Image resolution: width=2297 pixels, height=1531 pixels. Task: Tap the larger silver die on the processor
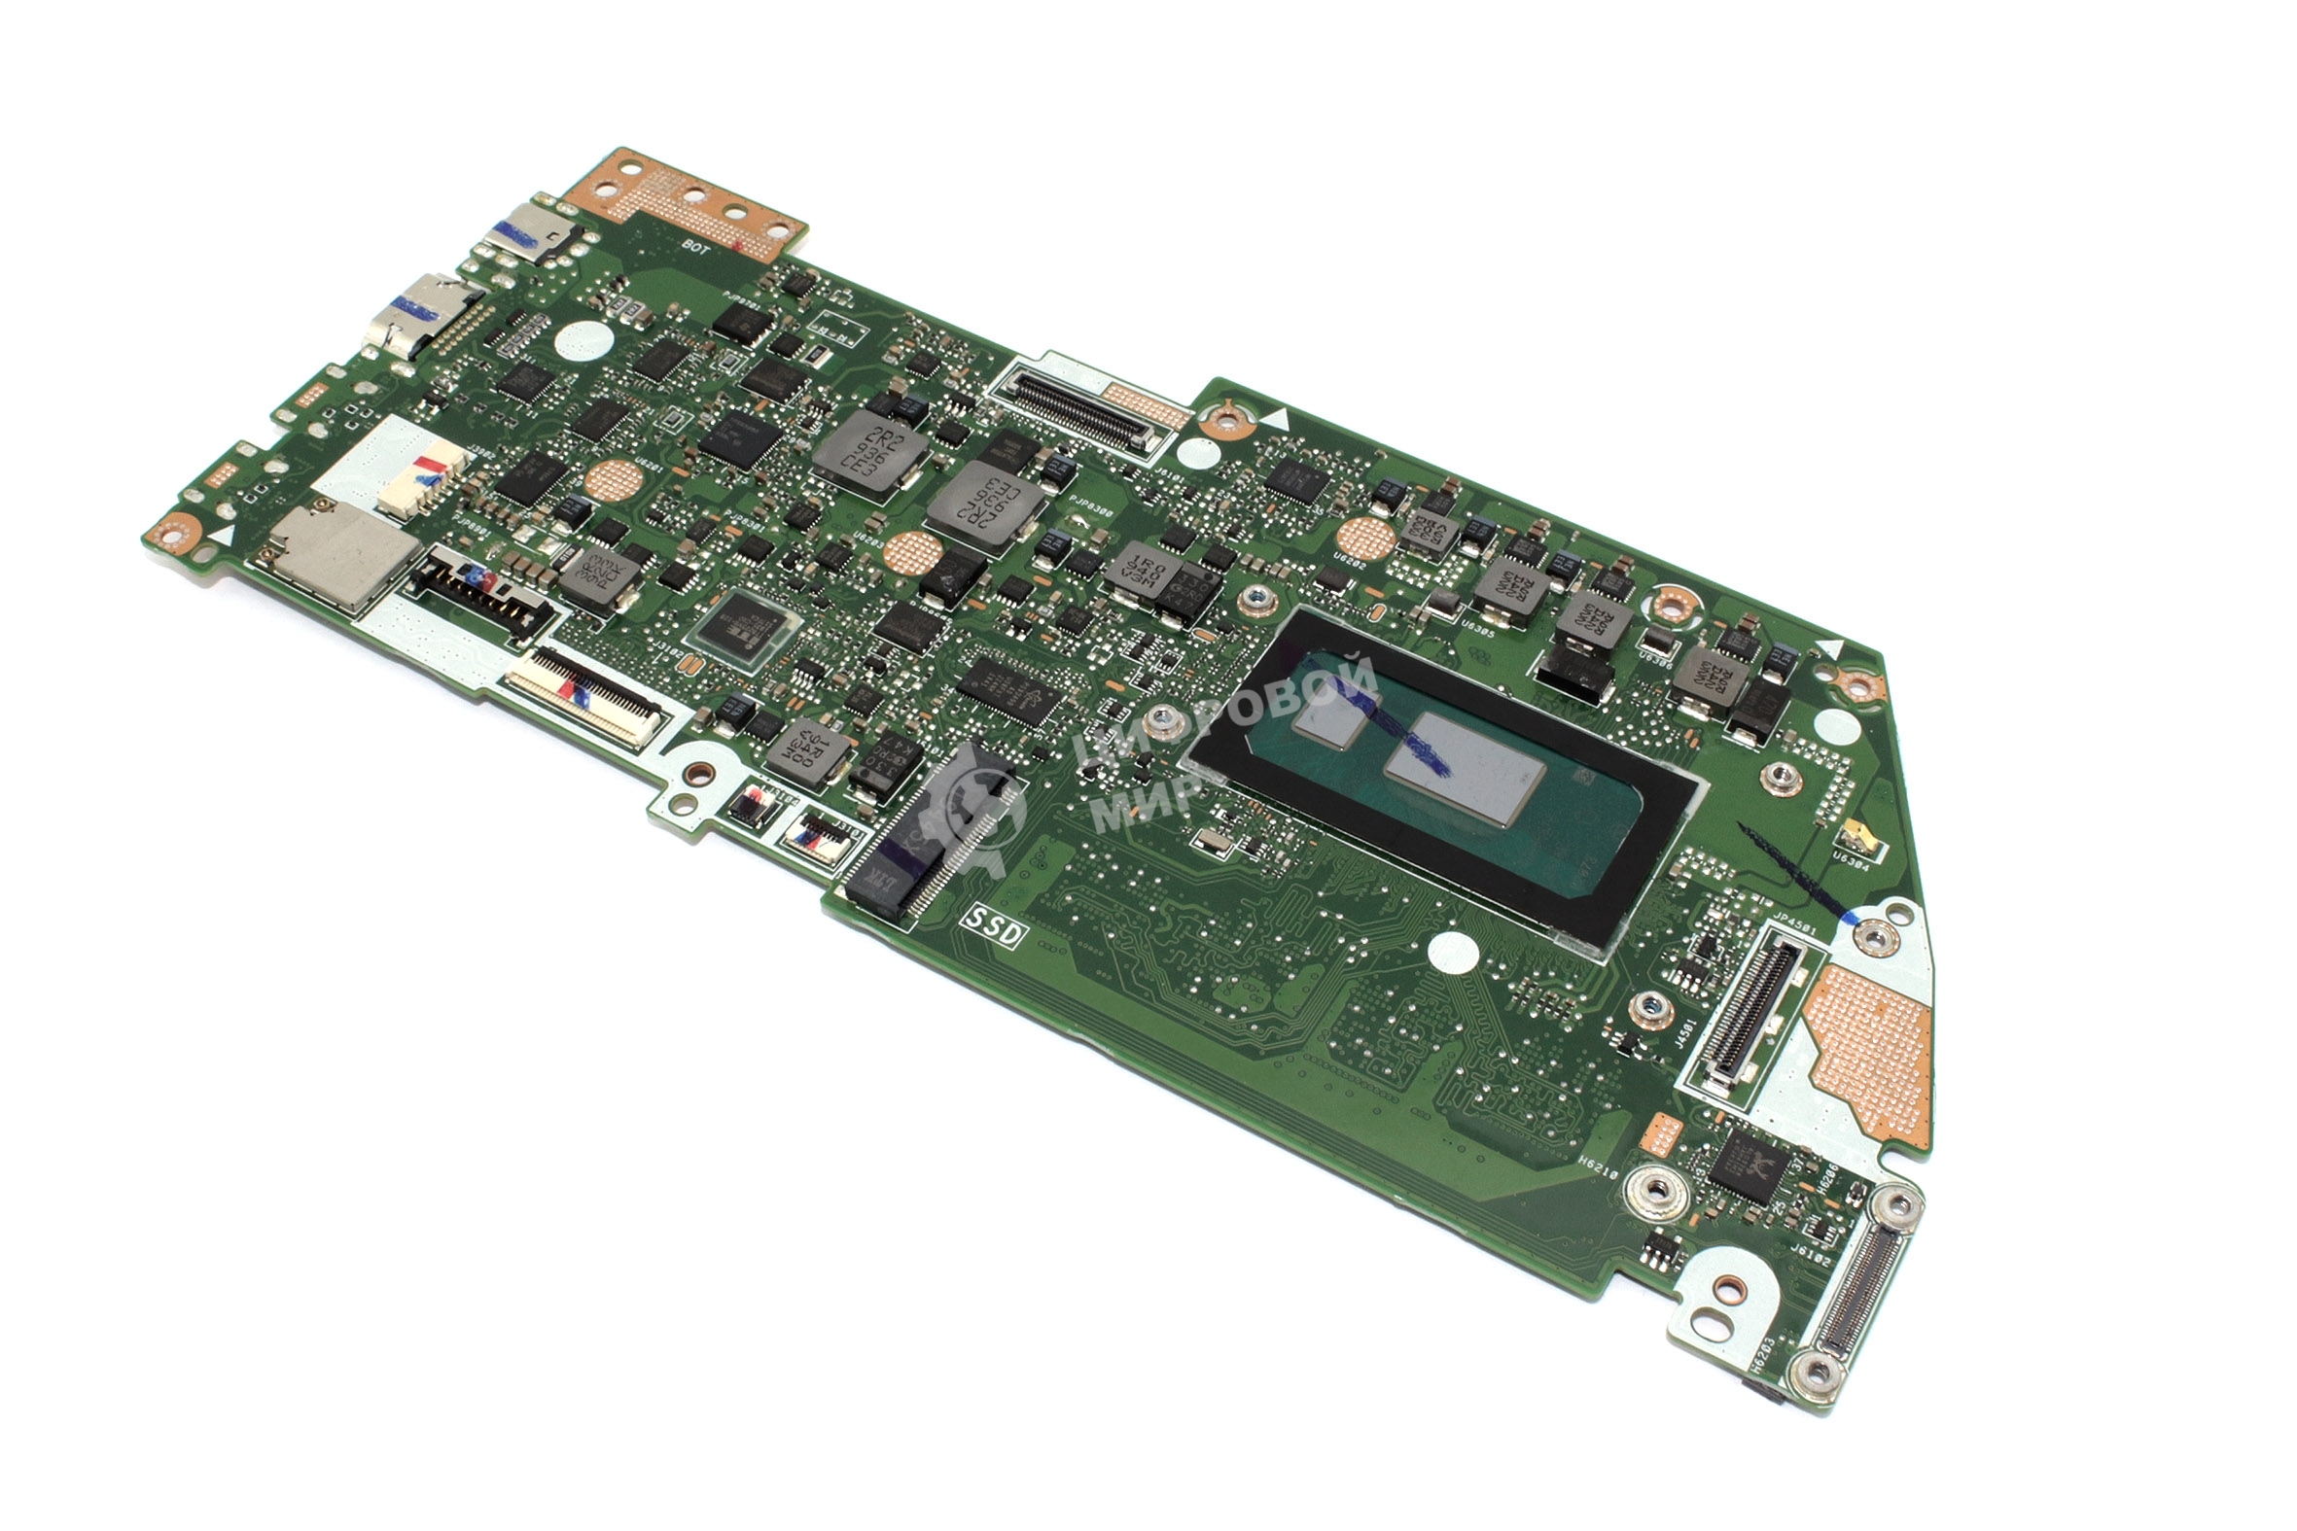point(1464,771)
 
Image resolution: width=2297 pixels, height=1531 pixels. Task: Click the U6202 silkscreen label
point(1350,567)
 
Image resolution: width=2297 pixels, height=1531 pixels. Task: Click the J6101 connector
point(1074,411)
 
